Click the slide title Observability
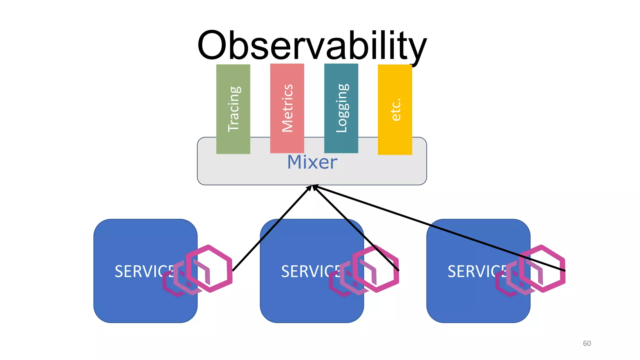coord(312,46)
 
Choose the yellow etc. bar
coord(395,137)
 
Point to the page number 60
coord(587,343)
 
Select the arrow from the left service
coord(272,228)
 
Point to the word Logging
coord(342,108)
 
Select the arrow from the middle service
coord(356,228)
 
